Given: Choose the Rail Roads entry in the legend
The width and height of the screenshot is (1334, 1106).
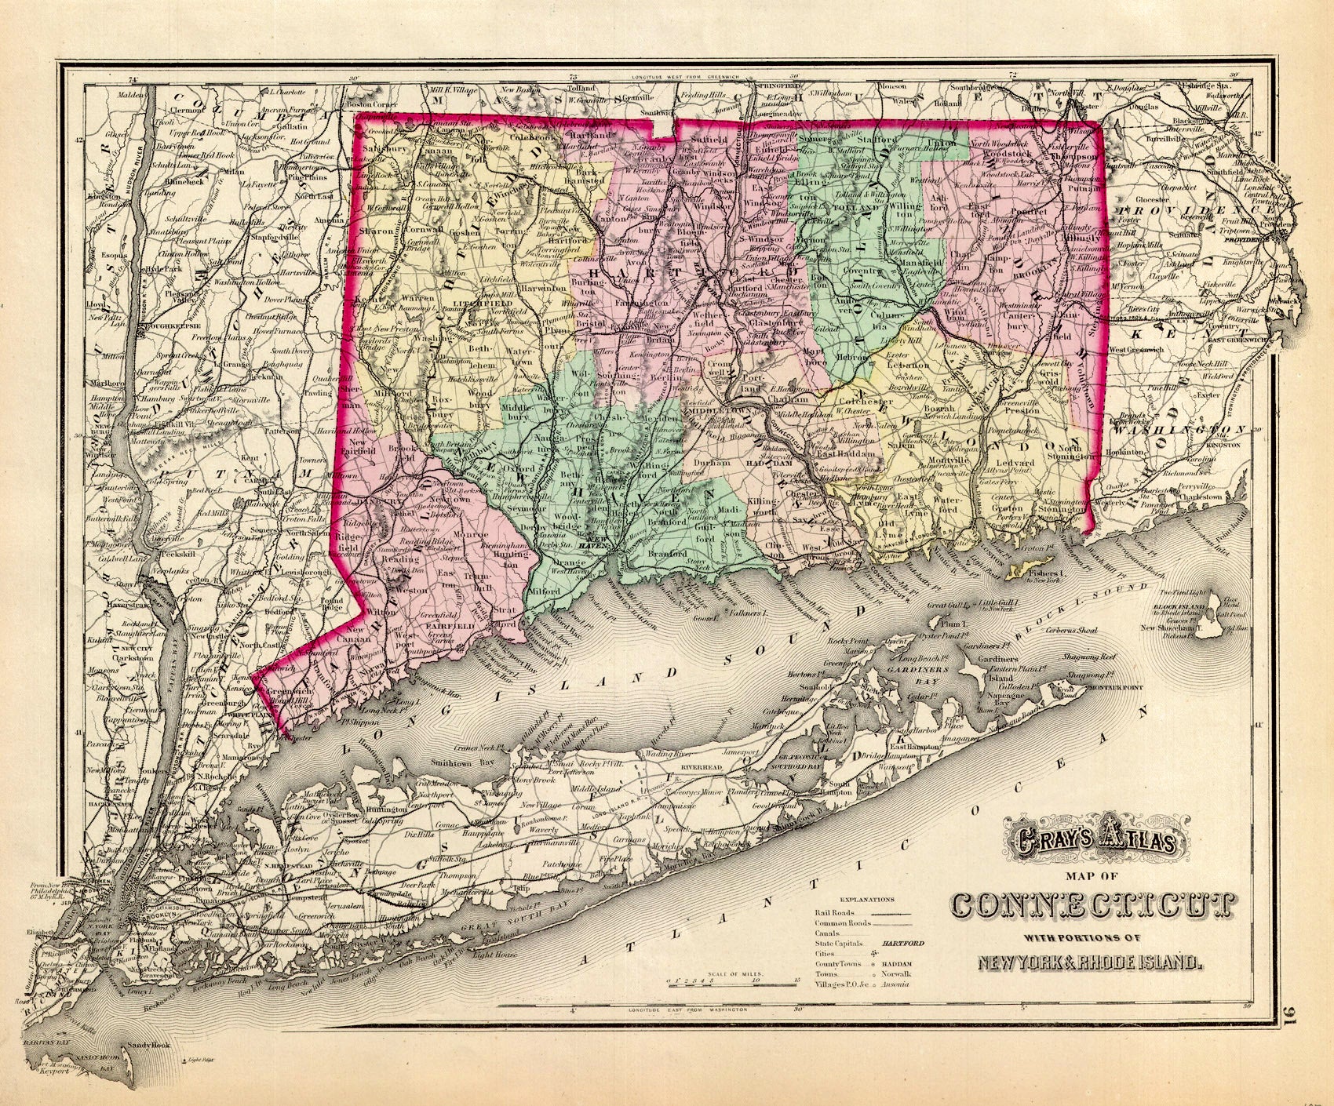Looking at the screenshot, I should coord(835,913).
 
